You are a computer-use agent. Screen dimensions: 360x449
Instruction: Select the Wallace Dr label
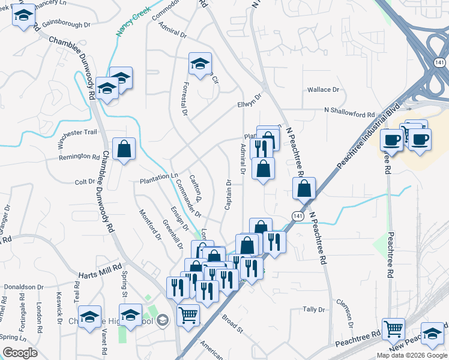(x=323, y=89)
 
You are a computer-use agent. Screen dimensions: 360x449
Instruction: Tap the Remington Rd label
(x=79, y=157)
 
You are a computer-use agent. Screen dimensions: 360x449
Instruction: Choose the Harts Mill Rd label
(x=100, y=272)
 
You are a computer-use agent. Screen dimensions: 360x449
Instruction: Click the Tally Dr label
(x=313, y=310)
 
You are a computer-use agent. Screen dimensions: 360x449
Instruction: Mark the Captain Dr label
(x=229, y=194)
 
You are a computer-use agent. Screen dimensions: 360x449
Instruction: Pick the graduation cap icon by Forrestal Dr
(x=200, y=63)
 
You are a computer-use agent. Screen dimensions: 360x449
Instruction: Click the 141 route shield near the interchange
(x=440, y=62)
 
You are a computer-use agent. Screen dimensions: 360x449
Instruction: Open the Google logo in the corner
(x=20, y=353)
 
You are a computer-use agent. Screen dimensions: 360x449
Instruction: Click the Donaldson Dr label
(x=19, y=287)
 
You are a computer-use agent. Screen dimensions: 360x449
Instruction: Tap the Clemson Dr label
(x=344, y=313)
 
